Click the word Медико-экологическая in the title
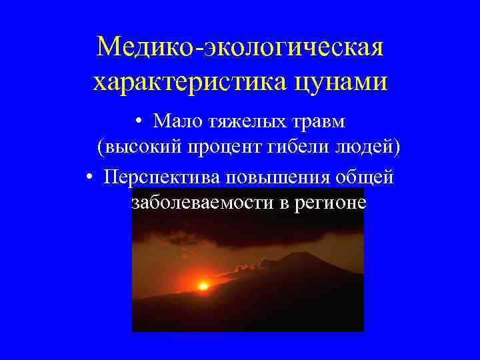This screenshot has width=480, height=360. [240, 48]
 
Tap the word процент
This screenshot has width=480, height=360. [217, 148]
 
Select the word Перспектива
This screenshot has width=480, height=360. [161, 176]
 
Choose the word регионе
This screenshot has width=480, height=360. [330, 203]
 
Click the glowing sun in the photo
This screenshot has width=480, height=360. [203, 285]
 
